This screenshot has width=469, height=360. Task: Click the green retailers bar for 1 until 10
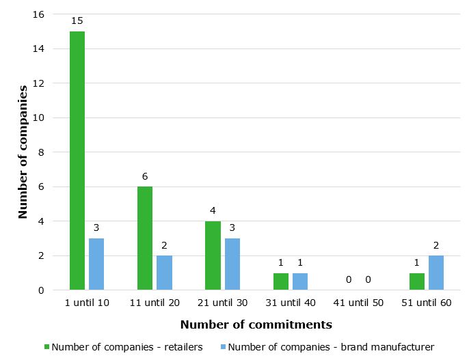[77, 161]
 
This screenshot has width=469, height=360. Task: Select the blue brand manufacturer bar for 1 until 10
[96, 264]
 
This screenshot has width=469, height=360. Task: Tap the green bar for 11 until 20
[145, 238]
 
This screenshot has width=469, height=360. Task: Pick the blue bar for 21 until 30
[232, 264]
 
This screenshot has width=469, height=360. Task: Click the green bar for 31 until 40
[280, 281]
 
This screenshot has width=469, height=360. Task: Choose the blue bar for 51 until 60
[436, 273]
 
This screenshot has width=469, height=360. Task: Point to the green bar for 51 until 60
[416, 281]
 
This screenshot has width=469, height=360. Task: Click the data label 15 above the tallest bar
[77, 21]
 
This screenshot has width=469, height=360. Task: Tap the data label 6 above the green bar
[145, 176]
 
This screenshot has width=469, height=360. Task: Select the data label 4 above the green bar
[213, 210]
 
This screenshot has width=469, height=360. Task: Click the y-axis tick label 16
[38, 14]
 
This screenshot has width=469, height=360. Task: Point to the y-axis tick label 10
[38, 117]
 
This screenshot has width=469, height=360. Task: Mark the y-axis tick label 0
[41, 290]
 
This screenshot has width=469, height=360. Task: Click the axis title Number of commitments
[256, 324]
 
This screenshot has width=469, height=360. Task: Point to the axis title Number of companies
[23, 152]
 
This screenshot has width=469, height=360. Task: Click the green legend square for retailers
[46, 347]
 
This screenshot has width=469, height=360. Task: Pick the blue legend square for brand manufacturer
[222, 347]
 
